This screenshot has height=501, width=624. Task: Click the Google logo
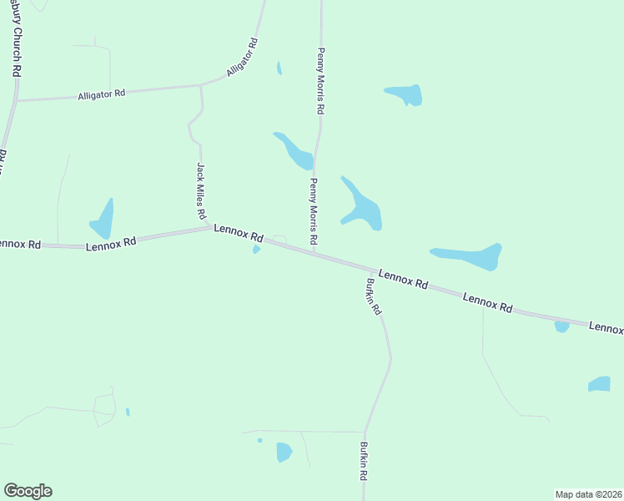(28, 491)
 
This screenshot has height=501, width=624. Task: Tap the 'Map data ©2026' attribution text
(588, 493)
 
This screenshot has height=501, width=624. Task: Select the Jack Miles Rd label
(201, 191)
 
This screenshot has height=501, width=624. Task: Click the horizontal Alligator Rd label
(101, 94)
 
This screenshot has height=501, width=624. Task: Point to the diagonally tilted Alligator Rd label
(243, 58)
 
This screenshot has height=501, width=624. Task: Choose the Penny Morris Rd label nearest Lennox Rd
(314, 211)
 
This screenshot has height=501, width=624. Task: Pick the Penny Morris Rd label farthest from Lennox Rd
(320, 81)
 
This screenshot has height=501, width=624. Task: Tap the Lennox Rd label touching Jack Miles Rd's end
(239, 233)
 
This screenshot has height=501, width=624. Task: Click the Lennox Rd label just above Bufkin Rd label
(403, 279)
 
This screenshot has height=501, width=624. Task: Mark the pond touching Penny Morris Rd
(294, 149)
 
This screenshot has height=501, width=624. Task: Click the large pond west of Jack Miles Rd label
(103, 220)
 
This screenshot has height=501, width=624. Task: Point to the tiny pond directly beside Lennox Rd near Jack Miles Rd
(256, 250)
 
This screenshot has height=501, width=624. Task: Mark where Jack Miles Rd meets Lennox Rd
(209, 227)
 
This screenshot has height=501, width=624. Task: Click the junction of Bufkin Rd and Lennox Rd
(368, 270)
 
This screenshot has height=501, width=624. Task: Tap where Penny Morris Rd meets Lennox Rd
(314, 254)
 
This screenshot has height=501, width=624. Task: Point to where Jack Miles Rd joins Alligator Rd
(200, 85)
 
